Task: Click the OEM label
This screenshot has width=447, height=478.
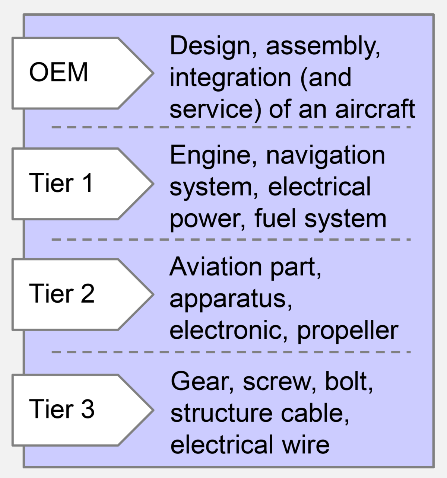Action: click(58, 73)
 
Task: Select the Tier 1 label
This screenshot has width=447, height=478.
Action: click(61, 183)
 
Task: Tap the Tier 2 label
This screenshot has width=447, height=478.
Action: click(61, 294)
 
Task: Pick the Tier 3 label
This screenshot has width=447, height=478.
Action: click(61, 409)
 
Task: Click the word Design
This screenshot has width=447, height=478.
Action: click(210, 46)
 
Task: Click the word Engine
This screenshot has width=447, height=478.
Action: click(210, 156)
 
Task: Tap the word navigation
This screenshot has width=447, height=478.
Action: click(326, 156)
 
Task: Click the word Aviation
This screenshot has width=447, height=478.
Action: click(216, 267)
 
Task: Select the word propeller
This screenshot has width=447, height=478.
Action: click(348, 330)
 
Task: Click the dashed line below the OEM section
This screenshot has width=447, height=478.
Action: click(231, 127)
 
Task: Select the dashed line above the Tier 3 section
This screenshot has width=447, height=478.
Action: click(231, 352)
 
